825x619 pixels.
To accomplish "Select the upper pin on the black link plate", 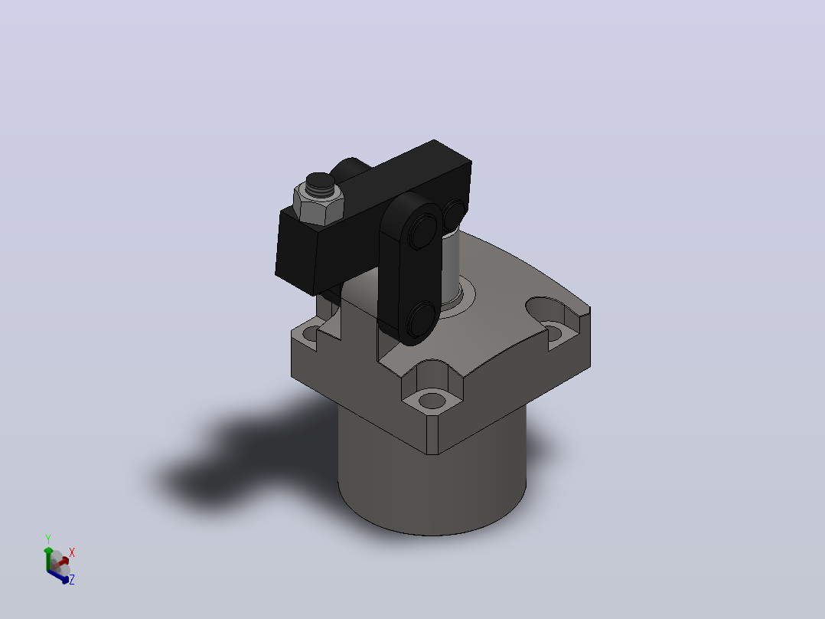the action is coord(422,231).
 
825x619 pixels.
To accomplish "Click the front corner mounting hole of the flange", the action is coord(432,401).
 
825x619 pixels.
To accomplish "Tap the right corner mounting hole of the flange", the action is coord(553,332).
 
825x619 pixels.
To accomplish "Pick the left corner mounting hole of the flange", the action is coord(311,333).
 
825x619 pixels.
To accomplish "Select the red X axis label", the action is coord(72,552).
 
